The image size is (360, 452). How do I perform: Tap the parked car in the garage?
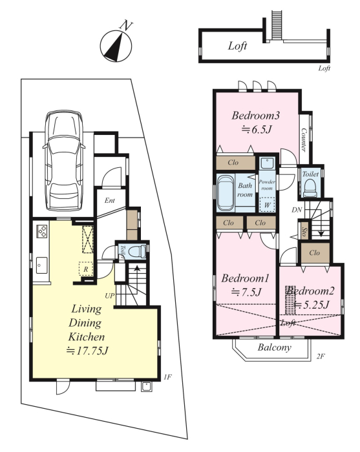pyautogui.click(x=64, y=160)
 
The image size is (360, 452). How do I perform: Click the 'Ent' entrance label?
pyautogui.click(x=110, y=200)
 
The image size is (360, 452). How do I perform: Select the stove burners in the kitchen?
pyautogui.click(x=41, y=231)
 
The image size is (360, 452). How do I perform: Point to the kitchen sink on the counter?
pyautogui.click(x=42, y=265)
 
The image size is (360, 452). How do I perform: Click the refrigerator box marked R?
pyautogui.click(x=86, y=269)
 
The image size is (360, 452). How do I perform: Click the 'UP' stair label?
pyautogui.click(x=110, y=296)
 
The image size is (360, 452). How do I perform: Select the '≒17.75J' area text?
pyautogui.click(x=87, y=351)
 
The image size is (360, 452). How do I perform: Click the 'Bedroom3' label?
pyautogui.click(x=256, y=116)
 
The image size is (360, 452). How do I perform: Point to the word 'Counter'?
pyautogui.click(x=304, y=140)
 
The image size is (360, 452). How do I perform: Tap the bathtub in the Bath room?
pyautogui.click(x=226, y=193)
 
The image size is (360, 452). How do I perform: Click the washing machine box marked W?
pyautogui.click(x=267, y=205)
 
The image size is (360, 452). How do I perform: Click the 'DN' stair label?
pyautogui.click(x=297, y=210)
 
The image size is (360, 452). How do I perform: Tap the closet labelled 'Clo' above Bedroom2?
pyautogui.click(x=315, y=253)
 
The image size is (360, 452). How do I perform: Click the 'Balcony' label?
pyautogui.click(x=274, y=347)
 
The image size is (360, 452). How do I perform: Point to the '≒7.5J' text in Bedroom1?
pyautogui.click(x=246, y=293)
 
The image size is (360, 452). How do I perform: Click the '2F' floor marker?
pyautogui.click(x=321, y=356)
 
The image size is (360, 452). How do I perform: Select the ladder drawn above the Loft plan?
pyautogui.click(x=277, y=25)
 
